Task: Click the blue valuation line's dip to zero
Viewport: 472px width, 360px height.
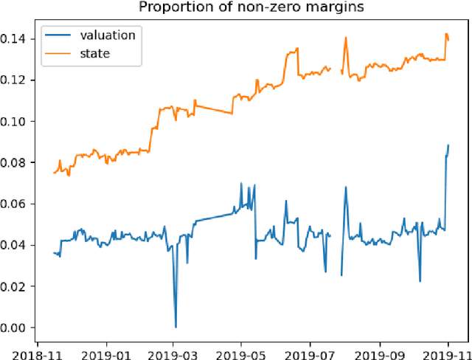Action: coord(175,327)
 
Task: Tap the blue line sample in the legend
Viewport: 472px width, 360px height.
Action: coord(57,35)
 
